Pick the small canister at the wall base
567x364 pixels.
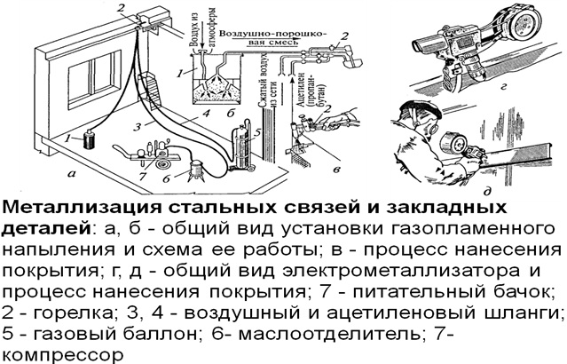[x=88, y=141]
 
